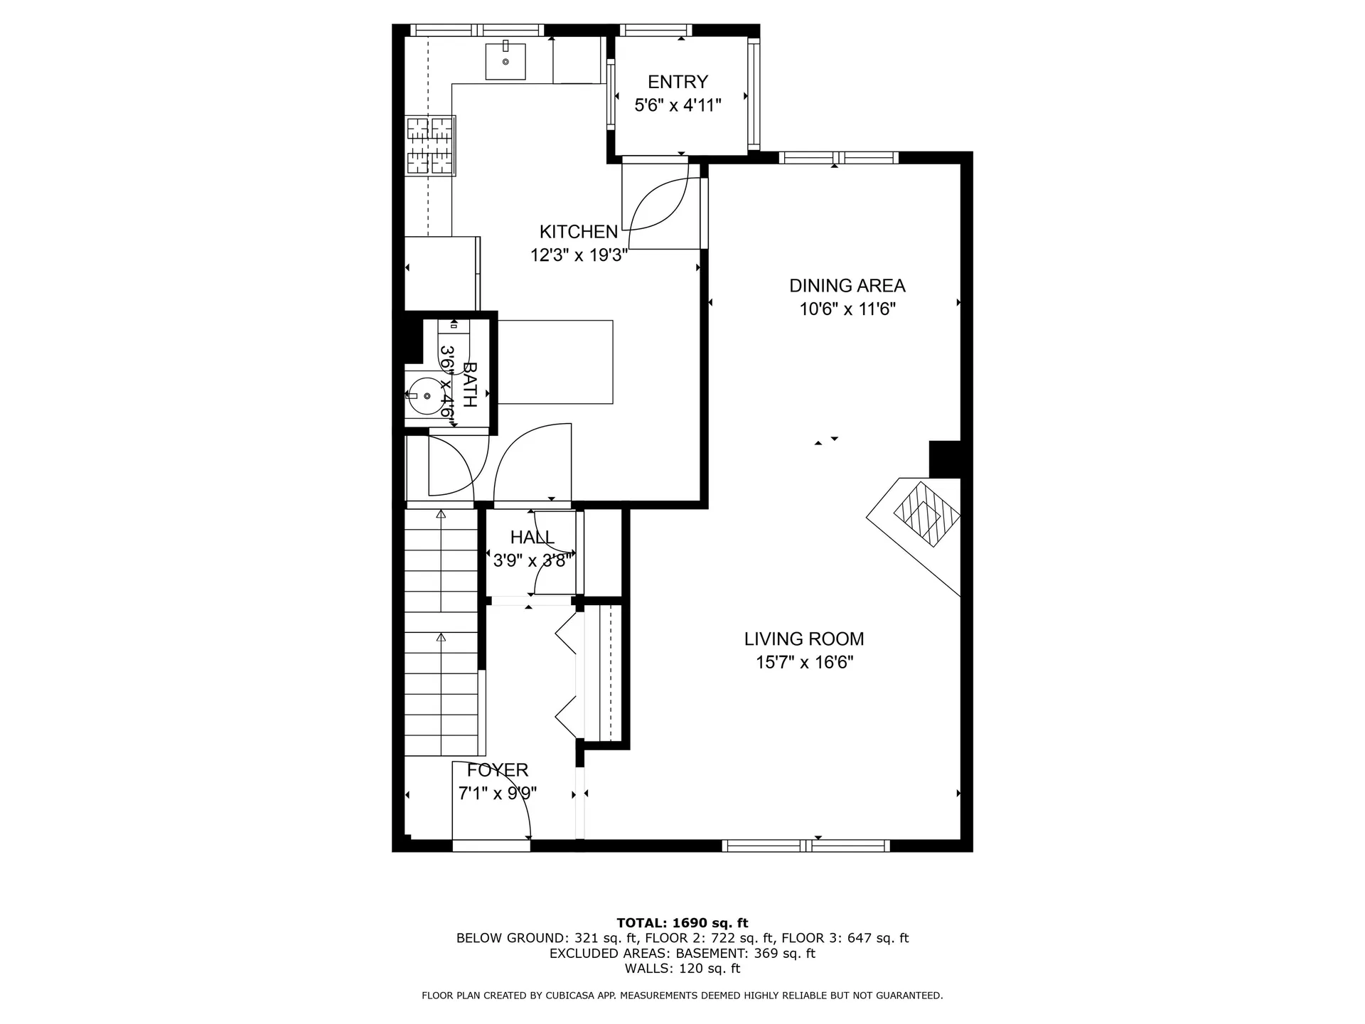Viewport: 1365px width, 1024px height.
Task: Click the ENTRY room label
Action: (x=678, y=82)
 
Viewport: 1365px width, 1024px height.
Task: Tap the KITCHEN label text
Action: (x=579, y=232)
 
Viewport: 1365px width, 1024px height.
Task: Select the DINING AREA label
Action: (x=847, y=286)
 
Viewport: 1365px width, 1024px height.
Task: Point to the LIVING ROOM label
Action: (x=804, y=639)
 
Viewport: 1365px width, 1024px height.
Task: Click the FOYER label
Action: (x=498, y=770)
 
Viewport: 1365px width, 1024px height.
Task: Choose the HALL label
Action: (x=532, y=538)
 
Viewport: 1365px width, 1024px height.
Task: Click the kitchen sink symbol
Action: (x=505, y=60)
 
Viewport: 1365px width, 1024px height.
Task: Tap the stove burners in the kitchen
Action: (x=430, y=145)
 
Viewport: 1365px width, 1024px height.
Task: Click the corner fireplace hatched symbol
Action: (x=927, y=513)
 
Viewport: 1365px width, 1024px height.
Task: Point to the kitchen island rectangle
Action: (x=555, y=362)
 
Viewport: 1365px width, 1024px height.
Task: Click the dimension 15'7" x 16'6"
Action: (x=804, y=663)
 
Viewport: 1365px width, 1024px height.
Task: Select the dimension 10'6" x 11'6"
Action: (x=847, y=309)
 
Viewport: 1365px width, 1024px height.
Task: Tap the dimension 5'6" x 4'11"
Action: (x=678, y=105)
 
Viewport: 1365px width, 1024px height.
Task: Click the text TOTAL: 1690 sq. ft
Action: (x=682, y=923)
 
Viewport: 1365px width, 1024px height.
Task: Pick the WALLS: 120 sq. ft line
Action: (x=682, y=969)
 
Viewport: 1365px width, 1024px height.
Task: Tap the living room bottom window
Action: (x=806, y=846)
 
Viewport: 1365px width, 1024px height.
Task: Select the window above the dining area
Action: (x=839, y=158)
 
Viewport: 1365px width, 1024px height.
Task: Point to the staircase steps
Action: (x=441, y=633)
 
